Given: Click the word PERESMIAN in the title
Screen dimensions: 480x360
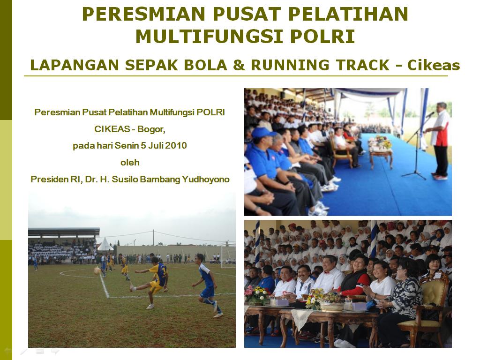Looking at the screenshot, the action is pyautogui.click(x=143, y=14).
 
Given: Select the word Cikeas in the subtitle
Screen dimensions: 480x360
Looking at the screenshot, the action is pyautogui.click(x=434, y=65).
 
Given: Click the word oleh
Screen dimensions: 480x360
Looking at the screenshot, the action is pyautogui.click(x=130, y=162).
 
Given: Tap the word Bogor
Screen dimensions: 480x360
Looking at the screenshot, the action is pyautogui.click(x=151, y=129).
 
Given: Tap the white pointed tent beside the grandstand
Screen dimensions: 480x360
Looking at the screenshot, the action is pyautogui.click(x=105, y=244).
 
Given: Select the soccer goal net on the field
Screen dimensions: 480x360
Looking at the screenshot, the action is pyautogui.click(x=228, y=255).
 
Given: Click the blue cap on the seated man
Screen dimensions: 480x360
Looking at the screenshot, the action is pyautogui.click(x=262, y=133).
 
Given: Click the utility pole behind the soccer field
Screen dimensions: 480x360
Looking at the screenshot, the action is pyautogui.click(x=153, y=237).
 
